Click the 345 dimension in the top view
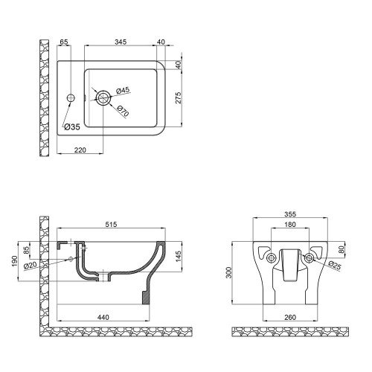[121, 42]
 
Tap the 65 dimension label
[64, 42]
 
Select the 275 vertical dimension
[179, 97]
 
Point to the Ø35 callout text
[72, 127]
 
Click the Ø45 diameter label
[123, 91]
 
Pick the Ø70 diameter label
[124, 111]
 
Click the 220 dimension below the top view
[80, 150]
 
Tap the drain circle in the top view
[103, 97]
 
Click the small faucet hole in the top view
[71, 97]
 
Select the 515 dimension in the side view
[111, 225]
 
